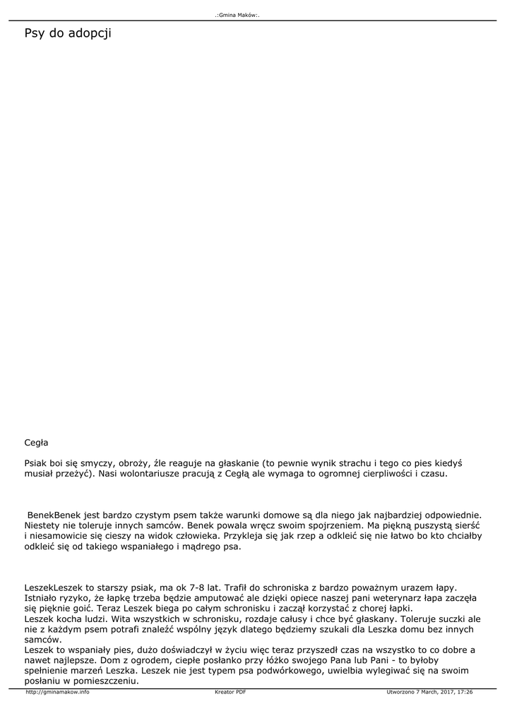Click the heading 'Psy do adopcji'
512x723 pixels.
[x=68, y=33]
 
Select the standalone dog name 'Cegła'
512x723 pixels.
[x=36, y=443]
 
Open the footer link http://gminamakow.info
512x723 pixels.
[x=57, y=692]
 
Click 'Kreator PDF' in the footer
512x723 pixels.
[x=230, y=692]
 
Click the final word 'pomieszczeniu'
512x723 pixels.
[x=105, y=681]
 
